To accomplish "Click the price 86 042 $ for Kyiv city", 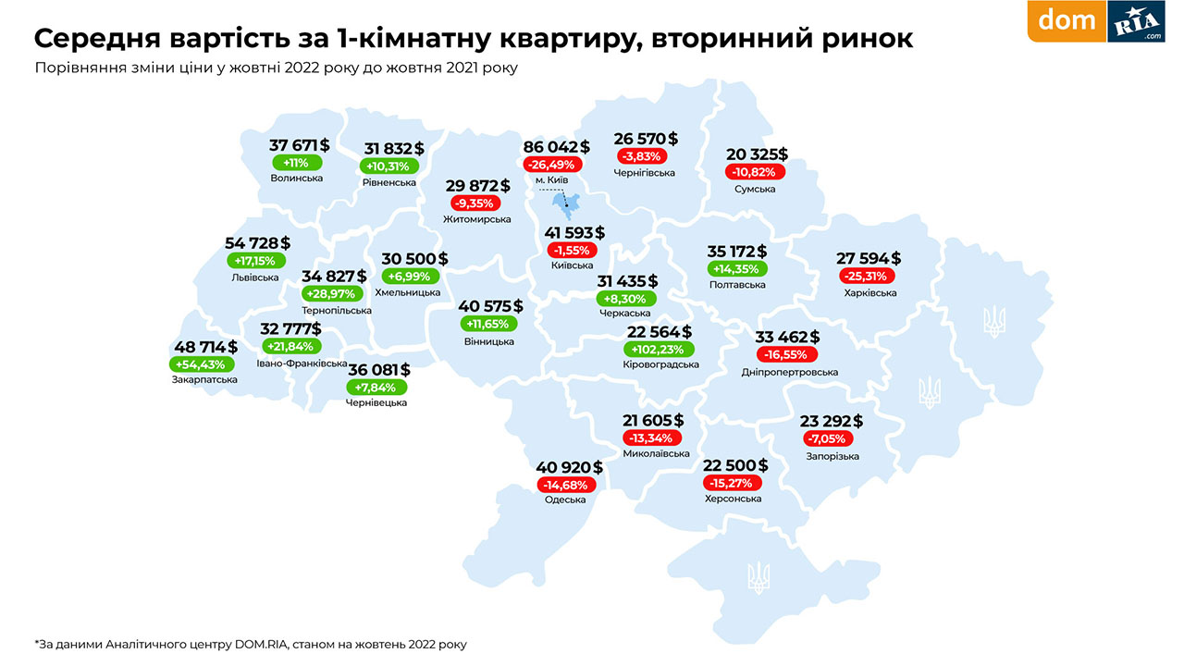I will tap(556, 147).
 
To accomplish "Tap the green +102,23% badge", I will tap(658, 350).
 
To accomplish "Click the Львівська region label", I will tap(255, 277).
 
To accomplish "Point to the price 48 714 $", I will tap(205, 347).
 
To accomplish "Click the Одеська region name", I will tap(565, 499).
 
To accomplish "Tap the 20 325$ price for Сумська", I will tap(757, 154).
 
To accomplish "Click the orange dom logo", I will tap(1067, 20).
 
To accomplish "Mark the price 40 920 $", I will tap(569, 467).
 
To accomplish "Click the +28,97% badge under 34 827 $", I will tap(334, 293).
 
